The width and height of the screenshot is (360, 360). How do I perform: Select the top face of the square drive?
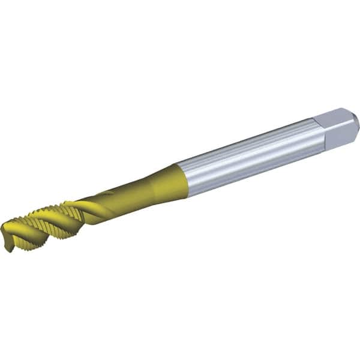click(x=338, y=116)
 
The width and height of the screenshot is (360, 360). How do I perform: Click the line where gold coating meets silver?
click(x=182, y=179)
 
